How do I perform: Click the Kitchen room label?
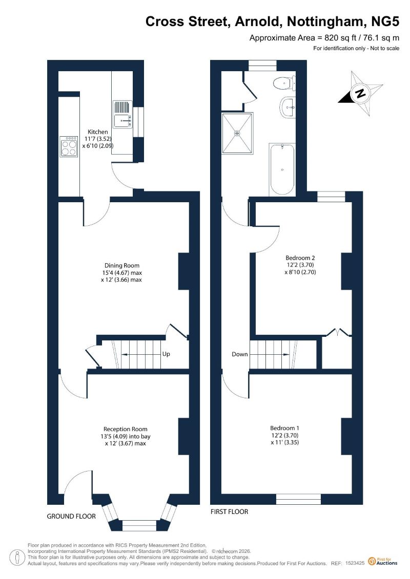[97, 132]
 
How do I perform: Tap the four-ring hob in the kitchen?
[69, 146]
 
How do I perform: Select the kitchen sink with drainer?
[122, 114]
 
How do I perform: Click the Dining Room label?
[122, 266]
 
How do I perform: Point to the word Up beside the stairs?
[166, 354]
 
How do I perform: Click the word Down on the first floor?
[239, 354]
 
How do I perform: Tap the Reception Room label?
[126, 429]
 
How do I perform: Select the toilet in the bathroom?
[284, 83]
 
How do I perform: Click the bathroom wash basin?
[288, 108]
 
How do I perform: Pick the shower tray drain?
[237, 133]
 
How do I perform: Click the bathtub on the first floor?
[282, 169]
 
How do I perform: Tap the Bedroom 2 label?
[300, 258]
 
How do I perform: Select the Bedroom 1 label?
[284, 428]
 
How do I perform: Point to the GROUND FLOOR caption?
[71, 517]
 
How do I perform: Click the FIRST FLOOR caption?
[229, 512]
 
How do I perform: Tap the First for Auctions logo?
[383, 562]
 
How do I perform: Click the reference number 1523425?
[355, 564]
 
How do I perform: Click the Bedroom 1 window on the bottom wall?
[298, 499]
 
